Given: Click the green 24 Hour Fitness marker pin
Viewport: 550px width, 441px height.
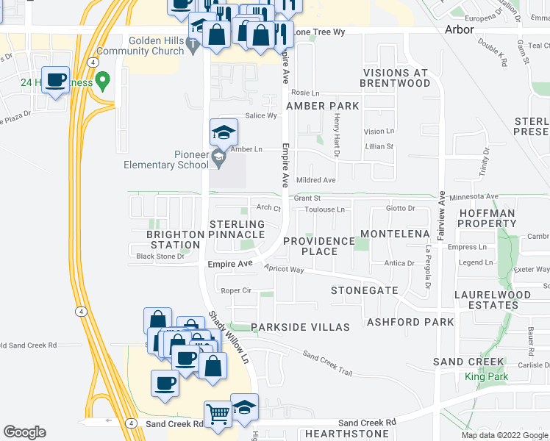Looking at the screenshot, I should pos(104,79).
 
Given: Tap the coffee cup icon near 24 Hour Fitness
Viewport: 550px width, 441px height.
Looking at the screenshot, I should pos(55,80).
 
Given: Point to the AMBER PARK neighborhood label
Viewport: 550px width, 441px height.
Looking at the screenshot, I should pos(323,106).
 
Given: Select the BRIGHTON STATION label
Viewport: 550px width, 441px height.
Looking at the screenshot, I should pos(175,239).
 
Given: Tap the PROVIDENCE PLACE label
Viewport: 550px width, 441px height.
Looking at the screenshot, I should pos(319,246).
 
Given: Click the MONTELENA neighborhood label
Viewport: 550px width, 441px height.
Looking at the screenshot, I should pos(395,234).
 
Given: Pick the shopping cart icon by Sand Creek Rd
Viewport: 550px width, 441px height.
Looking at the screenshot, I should pos(218,415).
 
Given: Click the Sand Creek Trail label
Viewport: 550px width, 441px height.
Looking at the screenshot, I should pos(327,362).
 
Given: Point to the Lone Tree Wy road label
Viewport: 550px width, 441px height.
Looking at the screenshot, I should pos(318,32).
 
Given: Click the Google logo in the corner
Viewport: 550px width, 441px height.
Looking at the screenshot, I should pos(24,432).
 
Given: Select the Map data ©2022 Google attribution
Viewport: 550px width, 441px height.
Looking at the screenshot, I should pos(504,435).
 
